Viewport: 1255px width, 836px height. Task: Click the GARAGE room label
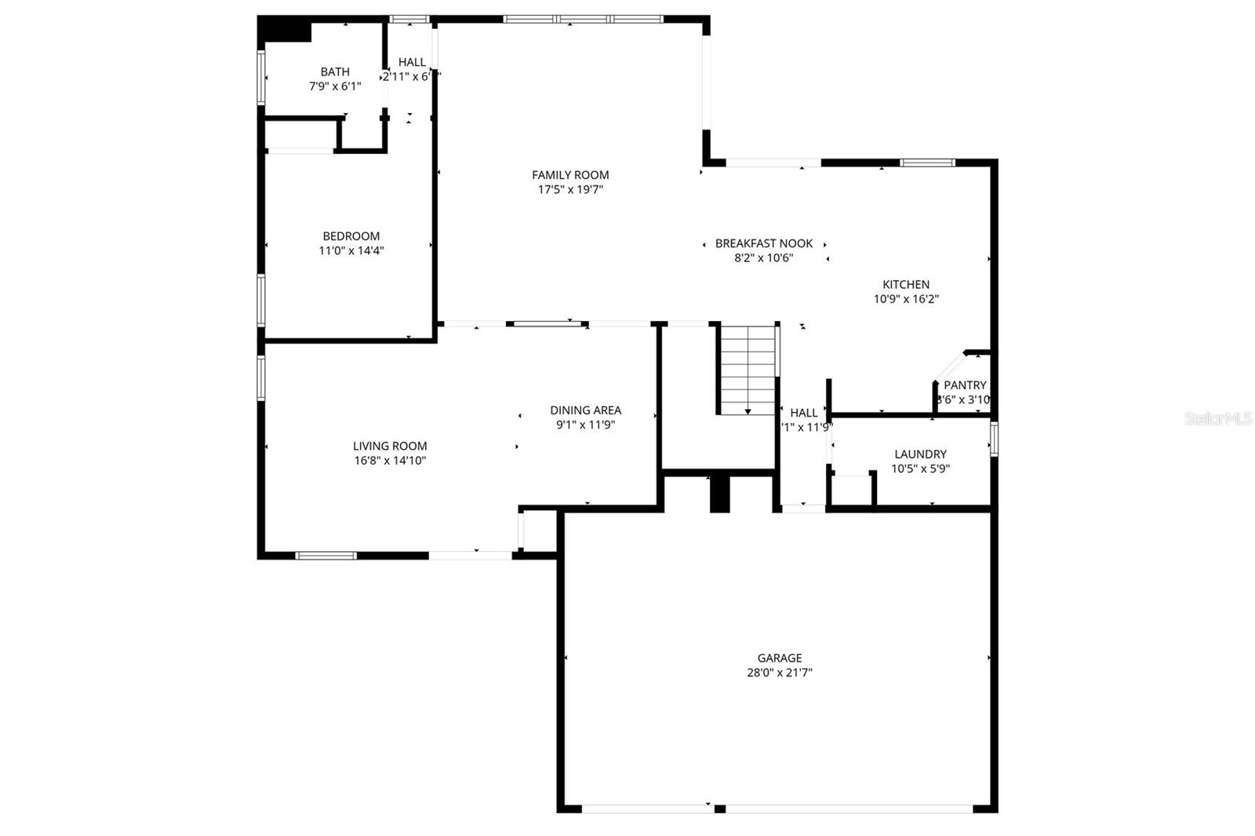click(779, 658)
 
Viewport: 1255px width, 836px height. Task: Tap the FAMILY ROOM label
click(570, 175)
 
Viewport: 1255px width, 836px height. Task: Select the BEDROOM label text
click(351, 236)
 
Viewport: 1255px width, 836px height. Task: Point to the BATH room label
click(335, 72)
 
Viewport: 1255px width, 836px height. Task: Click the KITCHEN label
click(906, 285)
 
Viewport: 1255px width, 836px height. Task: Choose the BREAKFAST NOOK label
click(763, 243)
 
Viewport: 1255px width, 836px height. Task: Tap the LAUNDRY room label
click(920, 455)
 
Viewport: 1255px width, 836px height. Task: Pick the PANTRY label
click(965, 385)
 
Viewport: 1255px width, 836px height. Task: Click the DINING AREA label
click(585, 411)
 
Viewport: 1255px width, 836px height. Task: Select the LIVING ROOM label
click(390, 446)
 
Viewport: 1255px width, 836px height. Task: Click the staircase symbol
click(748, 369)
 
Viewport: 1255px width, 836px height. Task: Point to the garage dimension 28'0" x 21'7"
click(779, 673)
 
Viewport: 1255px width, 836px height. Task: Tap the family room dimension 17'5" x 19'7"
click(570, 189)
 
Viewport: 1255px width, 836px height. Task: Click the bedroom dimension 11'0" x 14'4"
click(351, 251)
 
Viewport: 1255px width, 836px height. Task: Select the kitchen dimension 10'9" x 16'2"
click(906, 299)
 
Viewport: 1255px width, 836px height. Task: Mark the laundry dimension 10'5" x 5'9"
click(920, 469)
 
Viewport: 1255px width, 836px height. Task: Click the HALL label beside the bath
click(412, 62)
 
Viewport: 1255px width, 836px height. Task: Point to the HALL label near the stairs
click(804, 413)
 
